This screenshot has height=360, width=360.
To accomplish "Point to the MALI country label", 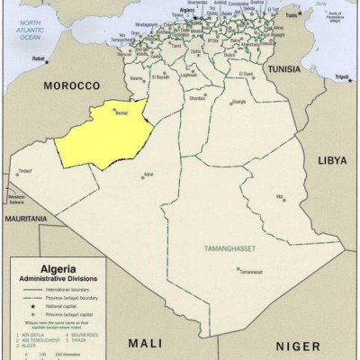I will pyautogui.click(x=143, y=343).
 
